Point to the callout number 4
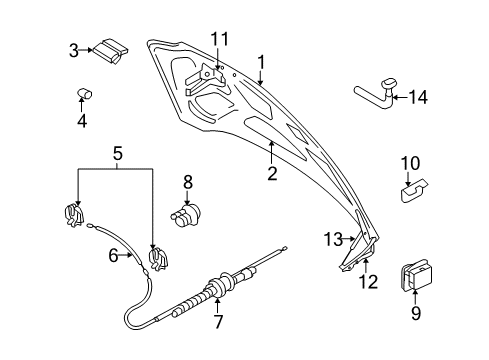82,121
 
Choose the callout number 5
116,156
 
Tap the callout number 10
411,163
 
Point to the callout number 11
219,39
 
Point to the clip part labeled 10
414,189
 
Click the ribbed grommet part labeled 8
186,214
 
